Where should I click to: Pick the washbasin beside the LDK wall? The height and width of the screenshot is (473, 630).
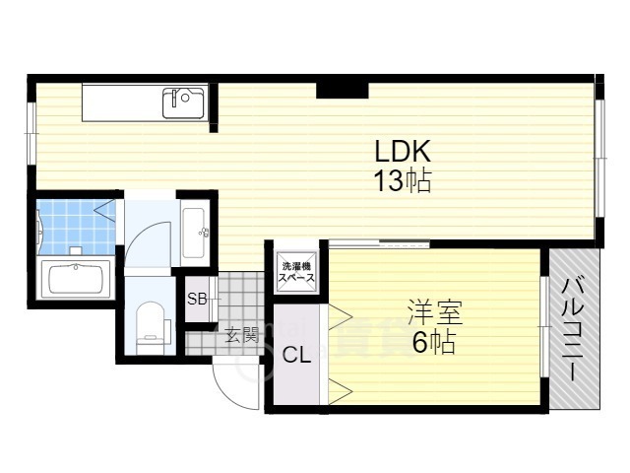tap(194, 233)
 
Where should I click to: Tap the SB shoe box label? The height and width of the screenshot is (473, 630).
tap(196, 299)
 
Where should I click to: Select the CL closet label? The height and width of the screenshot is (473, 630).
tap(297, 355)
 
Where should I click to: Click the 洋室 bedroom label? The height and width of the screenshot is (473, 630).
tap(433, 314)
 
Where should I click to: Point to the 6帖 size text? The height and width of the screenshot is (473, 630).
tap(433, 345)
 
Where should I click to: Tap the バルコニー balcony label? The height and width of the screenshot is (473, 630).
tap(573, 328)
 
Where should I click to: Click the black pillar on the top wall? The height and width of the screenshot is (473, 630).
tap(343, 90)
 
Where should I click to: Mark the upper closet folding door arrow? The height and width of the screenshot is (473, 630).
tap(340, 315)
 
